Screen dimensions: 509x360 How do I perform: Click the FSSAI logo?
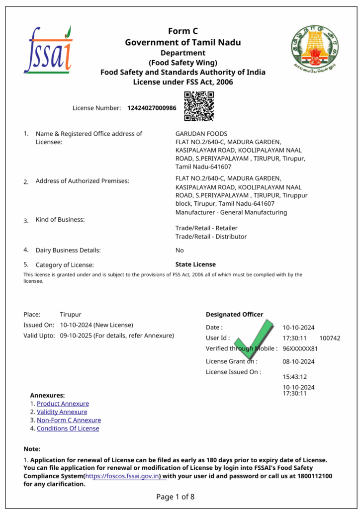pyautogui.click(x=48, y=50)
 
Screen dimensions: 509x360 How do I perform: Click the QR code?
pyautogui.click(x=199, y=106)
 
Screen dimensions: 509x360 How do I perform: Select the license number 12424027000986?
pyautogui.click(x=152, y=108)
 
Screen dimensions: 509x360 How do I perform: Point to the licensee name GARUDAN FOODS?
pyautogui.click(x=201, y=134)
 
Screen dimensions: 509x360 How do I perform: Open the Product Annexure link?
pyautogui.click(x=63, y=404)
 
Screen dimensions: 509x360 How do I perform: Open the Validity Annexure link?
pyautogui.click(x=62, y=412)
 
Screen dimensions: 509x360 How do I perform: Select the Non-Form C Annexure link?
pyautogui.click(x=69, y=420)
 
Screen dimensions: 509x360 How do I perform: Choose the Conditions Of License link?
pyautogui.click(x=68, y=428)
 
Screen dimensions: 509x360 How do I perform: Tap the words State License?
pyautogui.click(x=195, y=264)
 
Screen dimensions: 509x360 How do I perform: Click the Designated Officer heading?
pyautogui.click(x=234, y=314)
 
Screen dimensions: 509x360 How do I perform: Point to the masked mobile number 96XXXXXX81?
pyautogui.click(x=300, y=348)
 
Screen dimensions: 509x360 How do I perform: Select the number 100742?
pyautogui.click(x=330, y=338)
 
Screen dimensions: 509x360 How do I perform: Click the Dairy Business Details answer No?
pyautogui.click(x=180, y=251)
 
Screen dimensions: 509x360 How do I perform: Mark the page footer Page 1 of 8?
pyautogui.click(x=176, y=497)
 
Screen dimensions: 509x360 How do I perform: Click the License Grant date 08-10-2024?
pyautogui.click(x=298, y=361)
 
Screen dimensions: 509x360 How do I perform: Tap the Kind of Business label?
pyautogui.click(x=60, y=220)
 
